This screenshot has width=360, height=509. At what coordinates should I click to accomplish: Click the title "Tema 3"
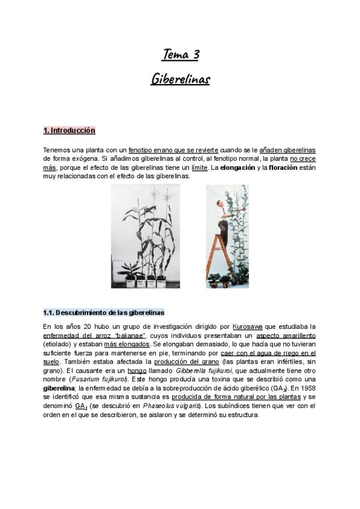coord(180,56)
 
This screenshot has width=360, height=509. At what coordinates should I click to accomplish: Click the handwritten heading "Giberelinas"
coord(180,79)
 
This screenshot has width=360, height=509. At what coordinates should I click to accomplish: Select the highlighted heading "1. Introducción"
coord(69,130)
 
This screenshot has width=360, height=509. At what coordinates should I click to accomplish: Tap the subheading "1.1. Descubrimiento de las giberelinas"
coord(103,313)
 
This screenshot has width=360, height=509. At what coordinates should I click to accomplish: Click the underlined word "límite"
coord(199,167)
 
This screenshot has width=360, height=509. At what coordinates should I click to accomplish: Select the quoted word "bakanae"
coord(129,336)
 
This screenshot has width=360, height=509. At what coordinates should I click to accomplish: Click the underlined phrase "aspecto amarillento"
coord(286,336)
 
